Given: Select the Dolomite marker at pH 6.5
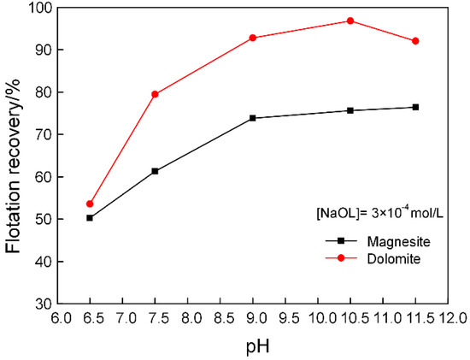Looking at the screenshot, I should point(90,204).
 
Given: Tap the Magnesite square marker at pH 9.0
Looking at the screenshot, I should point(253,118).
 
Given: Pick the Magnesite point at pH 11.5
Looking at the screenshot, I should point(415,107).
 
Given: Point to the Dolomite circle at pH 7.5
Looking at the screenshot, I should point(155,94).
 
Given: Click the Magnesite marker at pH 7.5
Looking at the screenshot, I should point(155,171).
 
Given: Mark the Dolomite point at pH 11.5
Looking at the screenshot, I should point(415,41).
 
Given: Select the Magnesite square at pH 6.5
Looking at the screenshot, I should point(90,218).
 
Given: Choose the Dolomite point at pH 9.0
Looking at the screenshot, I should point(253,38).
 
